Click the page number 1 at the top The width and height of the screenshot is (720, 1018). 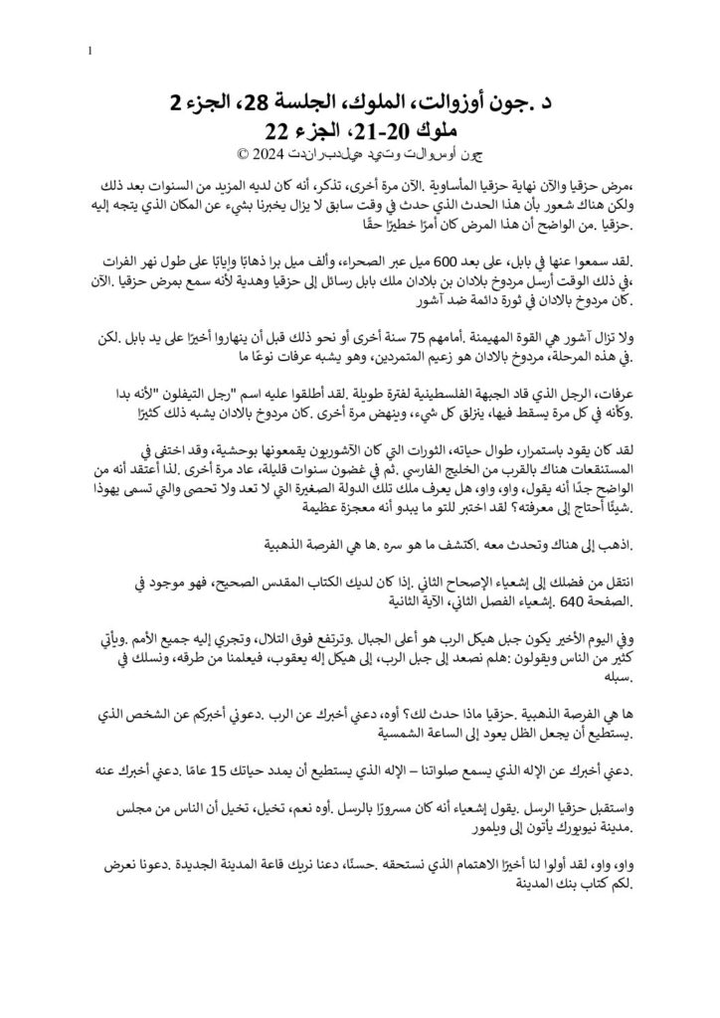point(91,50)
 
